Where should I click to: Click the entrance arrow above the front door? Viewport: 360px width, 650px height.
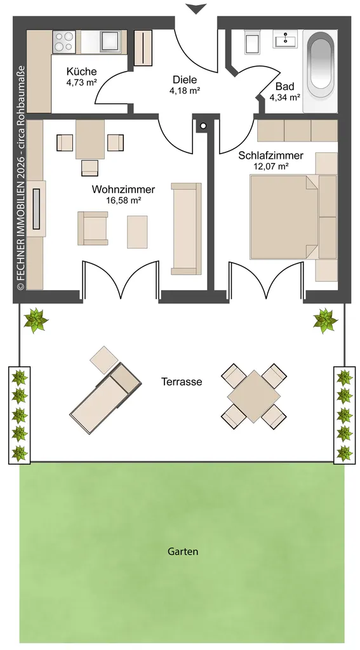196,8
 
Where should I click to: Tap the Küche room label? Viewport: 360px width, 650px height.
81,71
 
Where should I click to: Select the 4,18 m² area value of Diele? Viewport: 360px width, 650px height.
185,90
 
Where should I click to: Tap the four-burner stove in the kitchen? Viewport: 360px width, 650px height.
64,42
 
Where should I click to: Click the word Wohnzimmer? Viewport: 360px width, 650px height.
123,190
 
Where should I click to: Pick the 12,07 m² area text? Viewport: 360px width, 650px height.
271,167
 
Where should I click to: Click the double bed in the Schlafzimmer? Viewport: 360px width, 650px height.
293,217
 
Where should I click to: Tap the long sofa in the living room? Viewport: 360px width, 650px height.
186,229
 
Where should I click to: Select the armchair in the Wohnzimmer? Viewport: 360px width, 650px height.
93,228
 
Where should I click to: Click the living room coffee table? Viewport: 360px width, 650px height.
137,232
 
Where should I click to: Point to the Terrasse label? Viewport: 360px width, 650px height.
182,381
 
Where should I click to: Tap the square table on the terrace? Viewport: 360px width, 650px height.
254,396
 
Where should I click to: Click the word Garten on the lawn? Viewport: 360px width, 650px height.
183,552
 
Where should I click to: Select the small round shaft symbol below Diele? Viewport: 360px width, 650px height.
203,125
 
